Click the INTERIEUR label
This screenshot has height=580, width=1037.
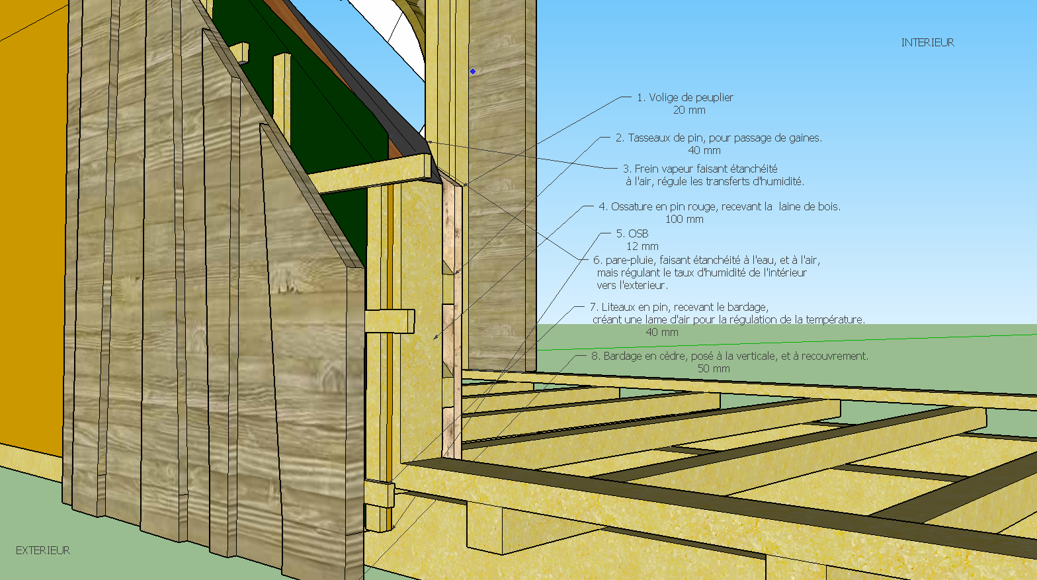click(x=927, y=42)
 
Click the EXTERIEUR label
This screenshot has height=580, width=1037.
click(x=43, y=550)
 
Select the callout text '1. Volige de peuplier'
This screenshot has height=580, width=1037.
click(x=684, y=97)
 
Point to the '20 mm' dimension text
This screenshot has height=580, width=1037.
click(x=689, y=110)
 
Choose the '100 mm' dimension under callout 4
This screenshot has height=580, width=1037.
click(x=684, y=220)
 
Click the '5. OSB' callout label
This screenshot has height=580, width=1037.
click(x=632, y=233)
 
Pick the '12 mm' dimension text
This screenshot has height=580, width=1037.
click(x=642, y=247)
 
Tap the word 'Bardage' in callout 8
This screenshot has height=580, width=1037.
click(x=623, y=356)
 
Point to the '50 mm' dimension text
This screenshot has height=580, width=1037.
click(x=714, y=369)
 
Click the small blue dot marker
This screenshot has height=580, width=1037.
click(x=473, y=71)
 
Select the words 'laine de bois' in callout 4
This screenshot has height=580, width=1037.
click(x=808, y=207)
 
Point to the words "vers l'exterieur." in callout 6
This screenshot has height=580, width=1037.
click(x=632, y=286)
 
